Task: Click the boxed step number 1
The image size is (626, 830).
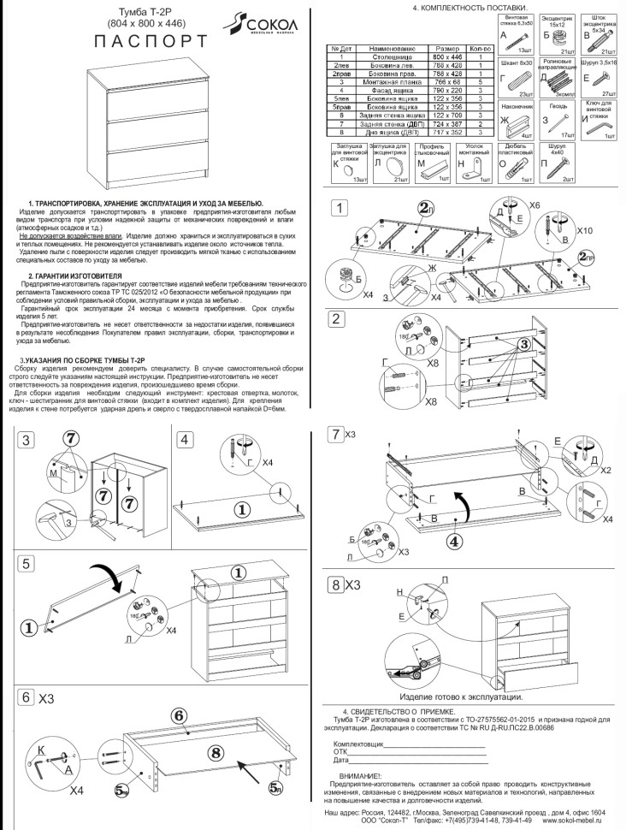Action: pos(340,208)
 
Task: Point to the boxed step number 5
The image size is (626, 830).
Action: pos(27,563)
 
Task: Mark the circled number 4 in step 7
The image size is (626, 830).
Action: pos(455,540)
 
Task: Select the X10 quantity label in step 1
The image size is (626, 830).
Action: pos(584,232)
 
